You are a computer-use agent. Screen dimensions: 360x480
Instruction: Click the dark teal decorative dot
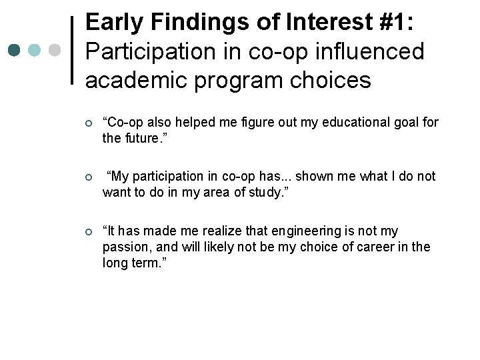[x=15, y=51]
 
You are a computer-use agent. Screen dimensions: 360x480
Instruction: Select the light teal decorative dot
[x=35, y=51]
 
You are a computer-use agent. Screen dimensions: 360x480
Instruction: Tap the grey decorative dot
[x=55, y=51]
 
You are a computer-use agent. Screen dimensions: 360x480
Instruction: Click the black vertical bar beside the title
[x=73, y=51]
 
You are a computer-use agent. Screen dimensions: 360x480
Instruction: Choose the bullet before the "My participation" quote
[x=89, y=177]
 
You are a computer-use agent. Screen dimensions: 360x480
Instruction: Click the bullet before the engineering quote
[x=89, y=232]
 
